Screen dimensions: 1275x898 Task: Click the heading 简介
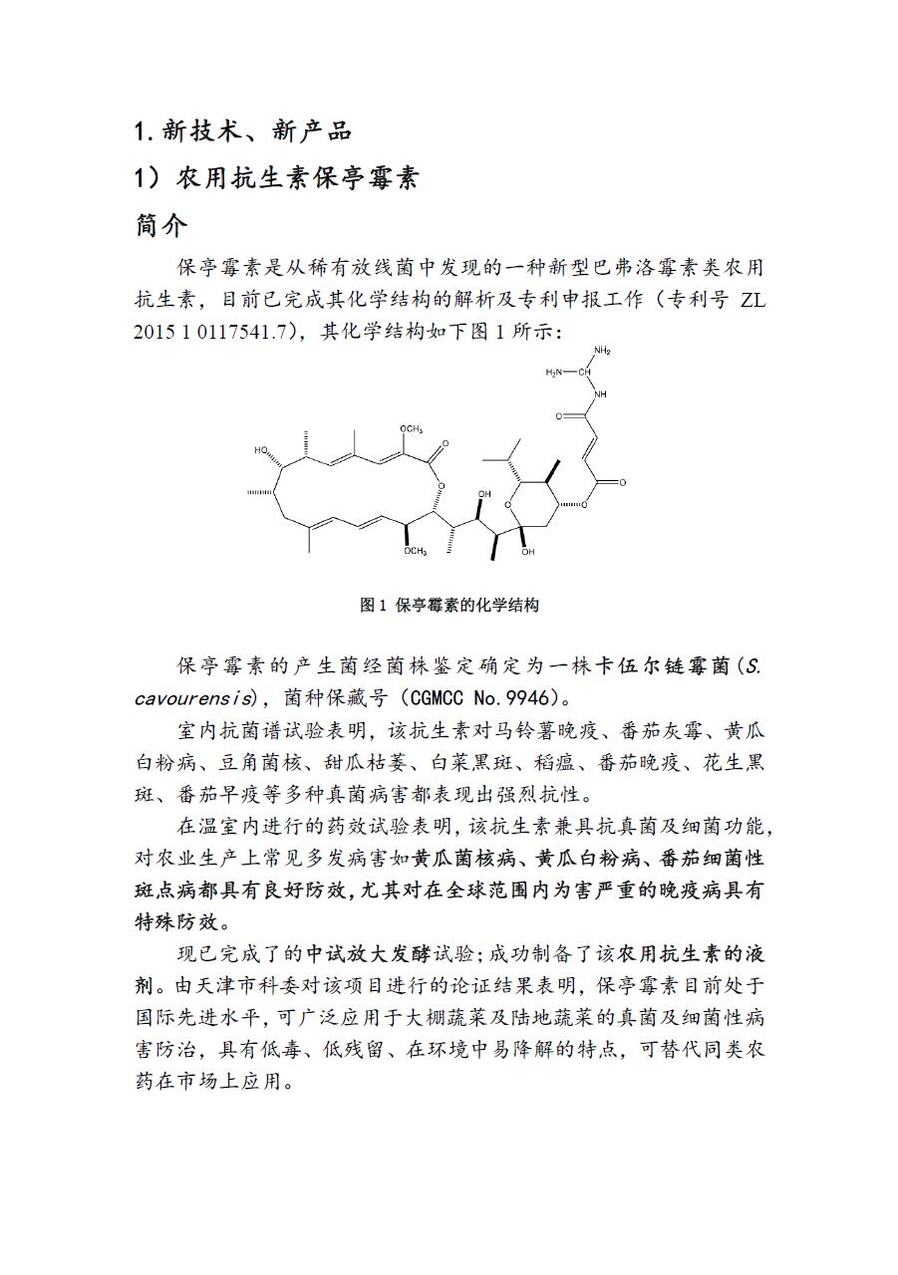pos(160,226)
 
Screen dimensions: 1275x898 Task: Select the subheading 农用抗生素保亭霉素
pos(297,178)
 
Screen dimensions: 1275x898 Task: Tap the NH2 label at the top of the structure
pos(602,351)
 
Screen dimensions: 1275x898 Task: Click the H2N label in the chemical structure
pos(554,373)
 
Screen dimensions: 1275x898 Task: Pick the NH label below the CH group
pos(599,393)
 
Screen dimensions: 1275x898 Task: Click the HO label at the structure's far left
pos(261,450)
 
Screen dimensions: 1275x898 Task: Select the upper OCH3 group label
pos(412,428)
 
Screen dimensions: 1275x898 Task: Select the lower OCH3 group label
pos(415,551)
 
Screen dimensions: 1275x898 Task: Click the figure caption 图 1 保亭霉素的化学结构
pos(449,605)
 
